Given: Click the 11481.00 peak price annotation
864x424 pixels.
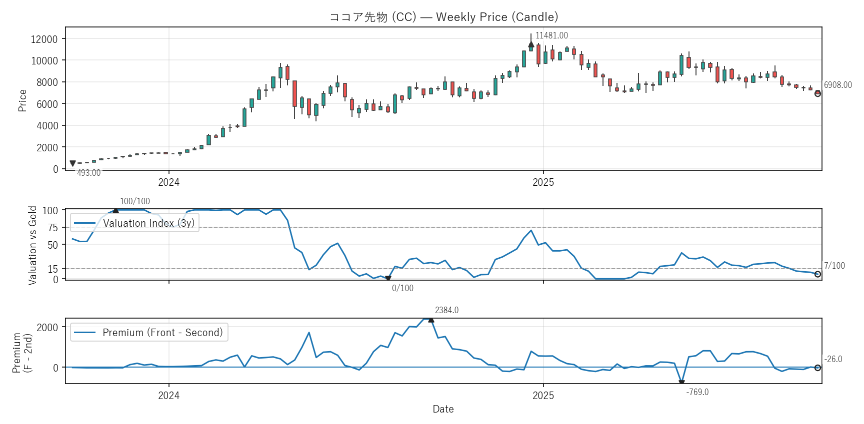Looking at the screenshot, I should [551, 35].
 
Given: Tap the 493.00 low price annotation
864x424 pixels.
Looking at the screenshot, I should [88, 173].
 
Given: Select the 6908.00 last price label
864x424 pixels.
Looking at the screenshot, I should [837, 85].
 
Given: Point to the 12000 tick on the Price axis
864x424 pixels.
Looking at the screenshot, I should [44, 39].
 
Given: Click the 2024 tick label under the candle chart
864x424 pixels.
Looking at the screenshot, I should [168, 182].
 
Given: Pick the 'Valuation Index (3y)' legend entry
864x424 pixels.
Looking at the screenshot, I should [148, 223].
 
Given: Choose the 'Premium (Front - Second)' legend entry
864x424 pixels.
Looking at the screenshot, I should [162, 333].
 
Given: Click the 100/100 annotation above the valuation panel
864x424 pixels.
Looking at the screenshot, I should [134, 201].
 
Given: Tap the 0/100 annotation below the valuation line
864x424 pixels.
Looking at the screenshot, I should [402, 288].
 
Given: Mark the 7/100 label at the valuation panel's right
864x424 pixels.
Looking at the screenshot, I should [834, 266].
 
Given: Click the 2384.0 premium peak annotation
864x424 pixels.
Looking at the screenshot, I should [446, 310].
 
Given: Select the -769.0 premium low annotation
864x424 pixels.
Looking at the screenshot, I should [697, 392].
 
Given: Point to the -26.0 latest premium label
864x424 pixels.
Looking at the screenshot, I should [833, 359].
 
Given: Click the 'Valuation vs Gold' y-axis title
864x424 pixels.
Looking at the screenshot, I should [32, 245].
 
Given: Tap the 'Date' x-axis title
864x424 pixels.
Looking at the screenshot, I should [443, 409].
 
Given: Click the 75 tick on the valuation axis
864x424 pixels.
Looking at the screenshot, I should [52, 228].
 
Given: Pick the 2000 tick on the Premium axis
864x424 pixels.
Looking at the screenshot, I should [47, 327].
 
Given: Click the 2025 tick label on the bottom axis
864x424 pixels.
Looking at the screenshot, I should [543, 396].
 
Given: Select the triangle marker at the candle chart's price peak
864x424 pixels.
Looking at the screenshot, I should [531, 44].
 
